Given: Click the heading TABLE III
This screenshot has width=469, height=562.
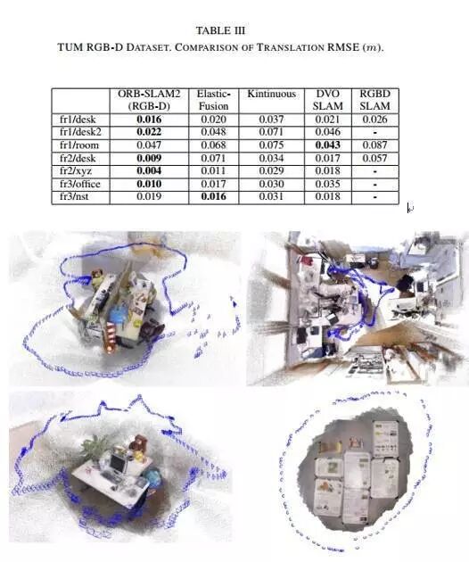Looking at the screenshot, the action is coord(220,30).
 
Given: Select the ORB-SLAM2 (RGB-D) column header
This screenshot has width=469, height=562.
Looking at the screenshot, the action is coord(149,100).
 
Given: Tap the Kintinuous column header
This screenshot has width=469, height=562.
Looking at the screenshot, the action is coord(271,94).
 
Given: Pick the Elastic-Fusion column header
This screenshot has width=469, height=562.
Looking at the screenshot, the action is coord(213,100).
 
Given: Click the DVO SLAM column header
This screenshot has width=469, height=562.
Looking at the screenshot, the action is coord(327,100).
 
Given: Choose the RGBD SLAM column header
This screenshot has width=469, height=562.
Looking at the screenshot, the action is coord(374,100).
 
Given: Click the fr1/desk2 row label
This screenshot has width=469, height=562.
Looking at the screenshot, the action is coord(80,132).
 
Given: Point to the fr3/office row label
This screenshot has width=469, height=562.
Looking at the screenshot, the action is coord(80,184).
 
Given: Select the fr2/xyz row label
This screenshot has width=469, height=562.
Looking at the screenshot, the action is coord(75,171).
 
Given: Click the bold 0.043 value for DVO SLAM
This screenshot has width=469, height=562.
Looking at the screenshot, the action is coord(327,145).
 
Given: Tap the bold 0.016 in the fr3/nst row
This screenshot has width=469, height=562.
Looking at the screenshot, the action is coord(213,196).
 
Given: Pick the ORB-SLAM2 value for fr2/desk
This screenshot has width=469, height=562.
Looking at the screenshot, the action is coord(149,158).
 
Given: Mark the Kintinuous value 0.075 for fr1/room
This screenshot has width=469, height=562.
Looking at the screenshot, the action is coord(271,145).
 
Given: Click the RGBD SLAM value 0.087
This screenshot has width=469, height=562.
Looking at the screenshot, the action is coord(374,145).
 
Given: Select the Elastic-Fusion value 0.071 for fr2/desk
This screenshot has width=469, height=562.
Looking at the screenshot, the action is coord(213,158).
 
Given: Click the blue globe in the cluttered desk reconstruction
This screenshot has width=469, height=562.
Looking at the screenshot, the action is coord(118,316).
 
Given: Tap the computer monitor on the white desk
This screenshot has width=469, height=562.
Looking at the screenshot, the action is coord(118,463).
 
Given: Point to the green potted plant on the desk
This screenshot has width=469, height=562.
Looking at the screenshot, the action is coord(95,447).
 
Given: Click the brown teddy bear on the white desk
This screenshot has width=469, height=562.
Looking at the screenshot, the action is coord(137,443).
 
